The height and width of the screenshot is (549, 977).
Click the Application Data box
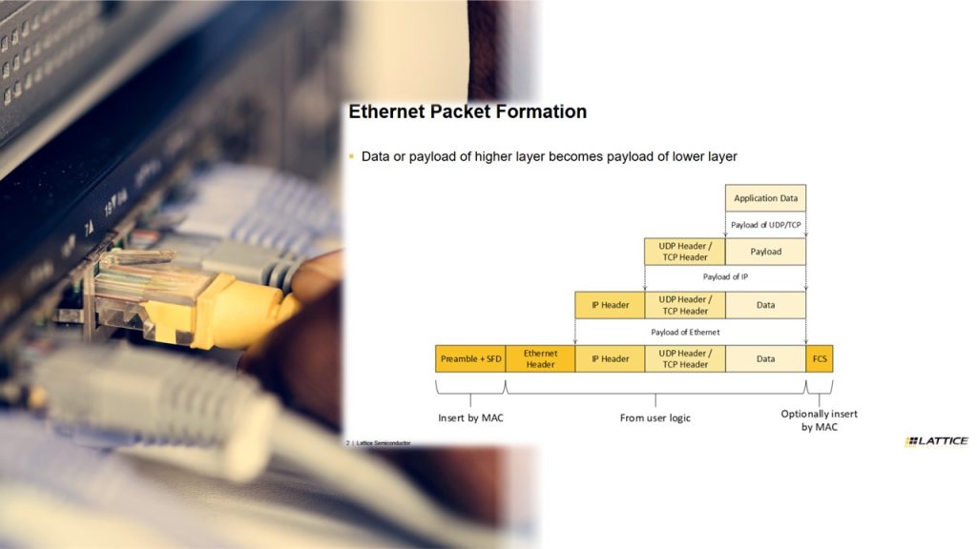765,198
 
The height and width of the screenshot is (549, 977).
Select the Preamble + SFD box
470,358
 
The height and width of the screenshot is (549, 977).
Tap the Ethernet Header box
540,358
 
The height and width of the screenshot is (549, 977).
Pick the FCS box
820,358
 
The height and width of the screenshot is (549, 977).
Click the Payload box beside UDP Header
765,252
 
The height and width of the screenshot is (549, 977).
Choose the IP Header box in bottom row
610,358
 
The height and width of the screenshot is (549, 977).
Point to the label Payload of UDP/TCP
766,225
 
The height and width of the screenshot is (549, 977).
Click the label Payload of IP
725,277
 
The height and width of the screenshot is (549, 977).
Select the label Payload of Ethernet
685,333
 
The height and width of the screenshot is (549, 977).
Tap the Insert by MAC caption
470,417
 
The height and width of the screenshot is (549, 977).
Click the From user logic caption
655,417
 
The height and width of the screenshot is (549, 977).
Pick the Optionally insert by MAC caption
820,420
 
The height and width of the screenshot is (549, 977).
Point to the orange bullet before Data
351,156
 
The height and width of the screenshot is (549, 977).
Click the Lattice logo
937,440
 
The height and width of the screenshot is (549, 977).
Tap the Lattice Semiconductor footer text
384,443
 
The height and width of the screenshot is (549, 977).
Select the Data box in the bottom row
765,358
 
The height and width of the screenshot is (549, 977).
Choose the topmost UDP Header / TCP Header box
685,252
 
